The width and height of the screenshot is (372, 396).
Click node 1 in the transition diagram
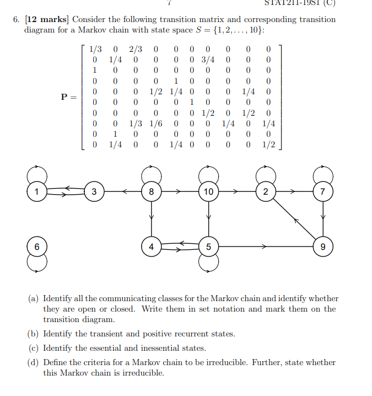pos(36,192)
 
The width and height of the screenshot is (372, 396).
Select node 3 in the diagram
pos(94,192)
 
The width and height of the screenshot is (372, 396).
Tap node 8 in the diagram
pos(152,192)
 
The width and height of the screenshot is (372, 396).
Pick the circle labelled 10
pos(208,192)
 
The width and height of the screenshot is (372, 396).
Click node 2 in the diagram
pos(266,192)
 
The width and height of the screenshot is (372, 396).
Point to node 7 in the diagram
pos(323,192)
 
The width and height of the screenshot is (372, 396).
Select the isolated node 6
pos(36,246)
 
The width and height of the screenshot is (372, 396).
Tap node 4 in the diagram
pos(152,246)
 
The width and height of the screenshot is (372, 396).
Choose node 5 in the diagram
pos(208,246)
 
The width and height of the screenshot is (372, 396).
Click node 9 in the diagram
pos(323,246)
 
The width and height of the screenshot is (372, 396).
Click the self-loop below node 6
pos(36,264)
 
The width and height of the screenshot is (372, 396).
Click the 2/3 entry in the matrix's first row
pos(136,49)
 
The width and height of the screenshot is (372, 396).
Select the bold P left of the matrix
pos(66,97)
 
